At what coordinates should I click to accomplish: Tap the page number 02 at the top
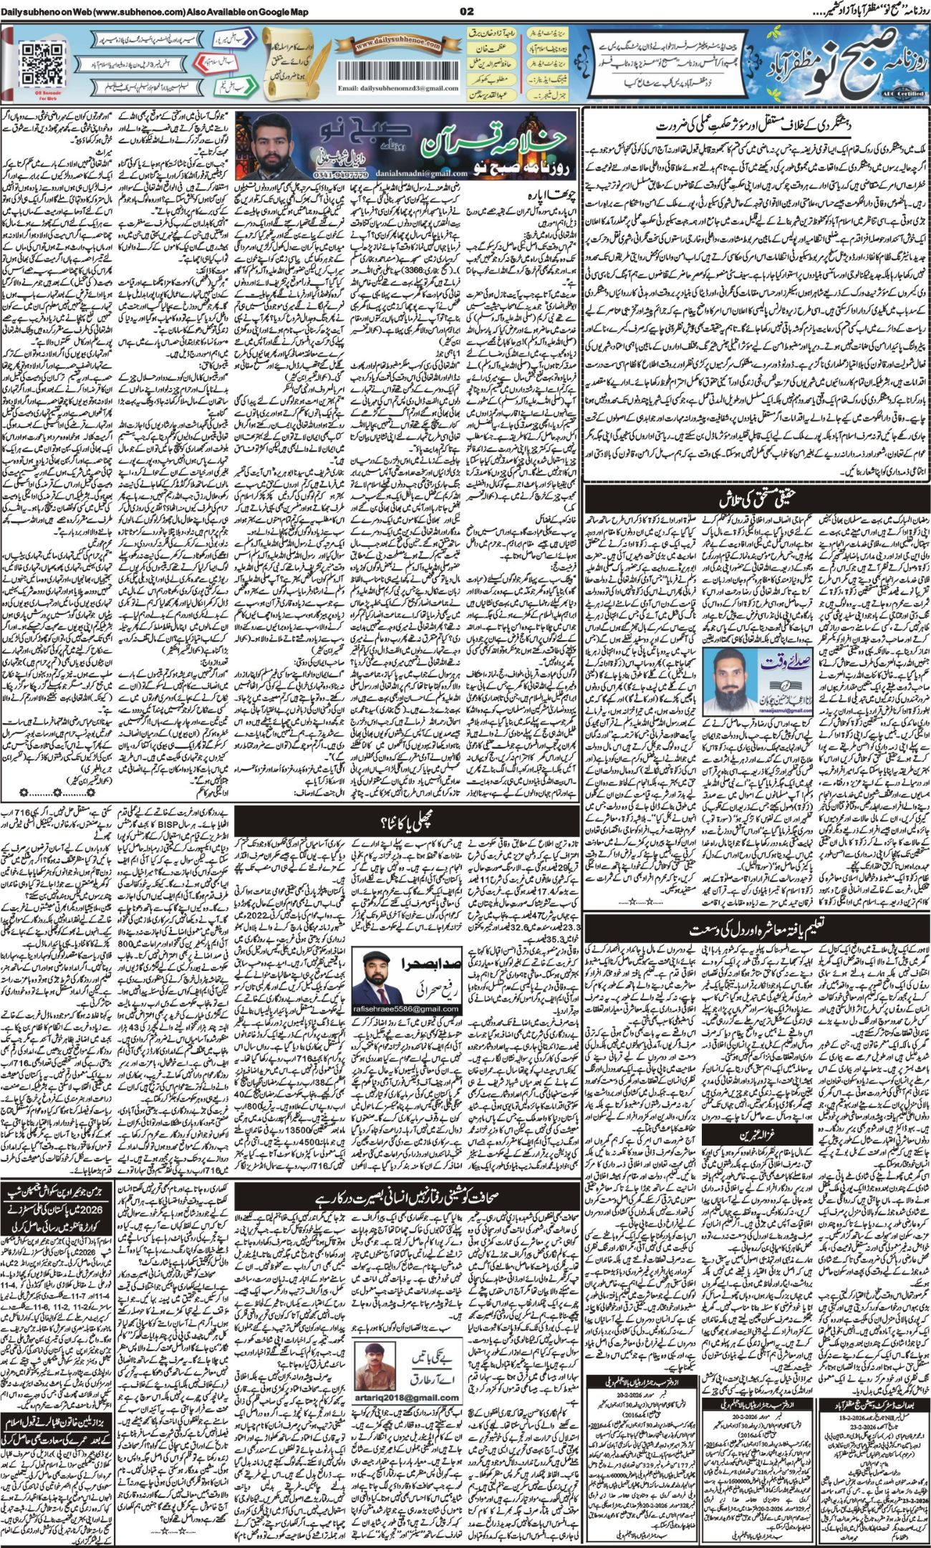pos(465,11)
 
